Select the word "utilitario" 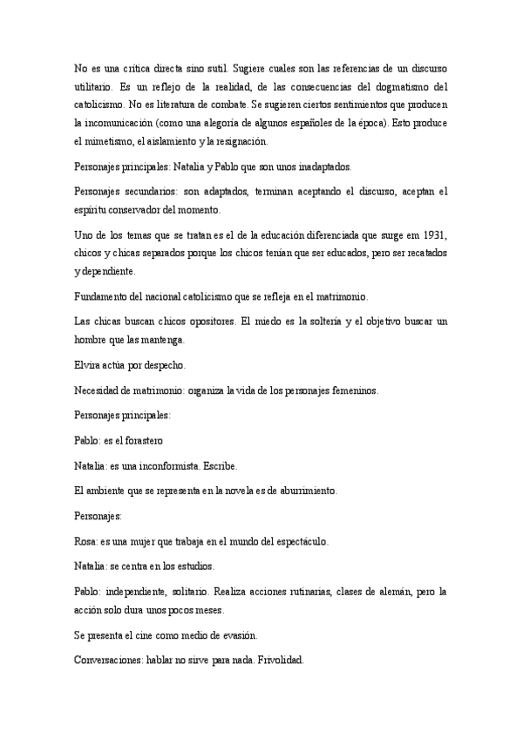tap(95, 87)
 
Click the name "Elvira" tap(89, 367)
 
